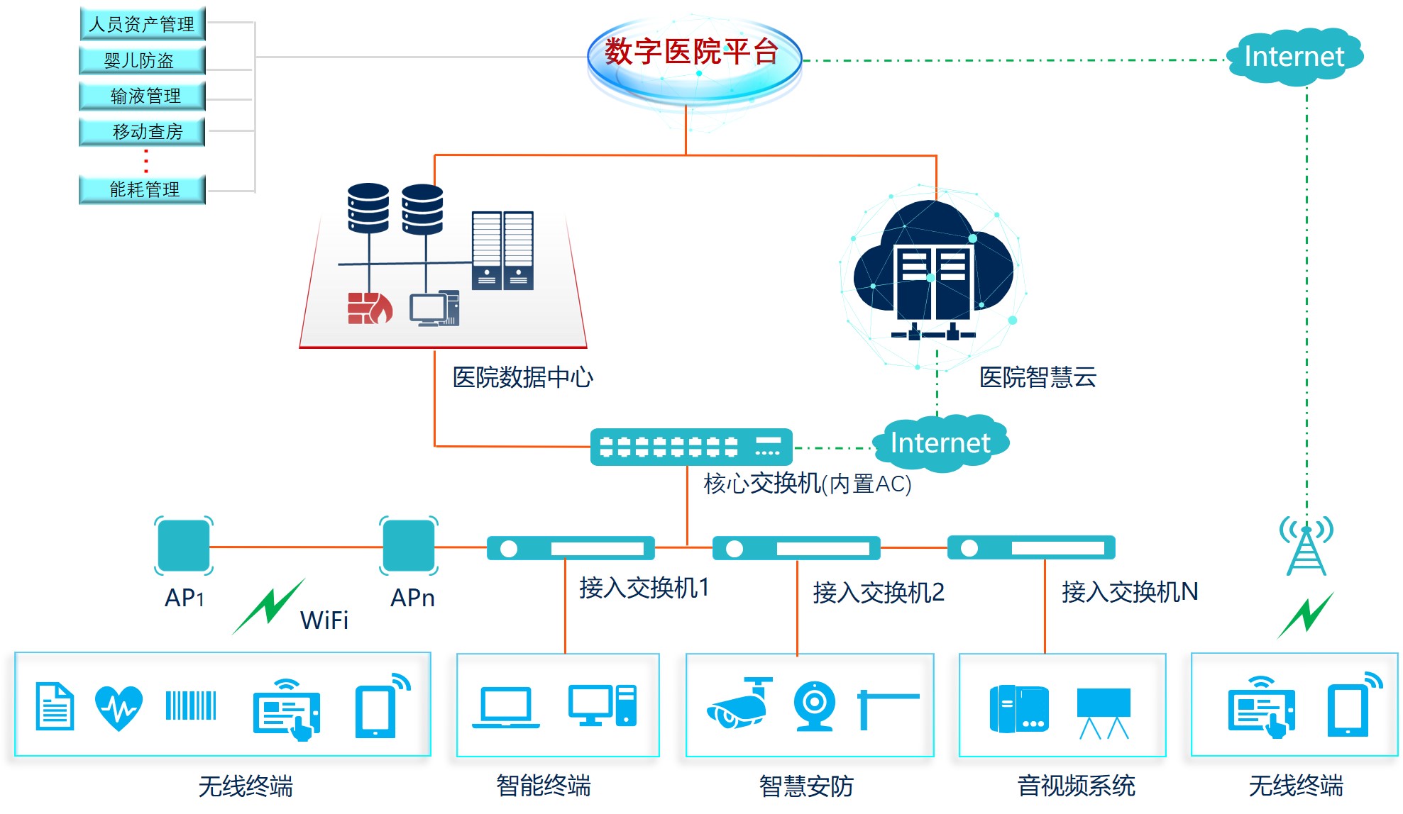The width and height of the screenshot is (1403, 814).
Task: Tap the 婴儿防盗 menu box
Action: (142, 60)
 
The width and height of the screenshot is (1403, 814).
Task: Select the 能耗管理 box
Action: (142, 189)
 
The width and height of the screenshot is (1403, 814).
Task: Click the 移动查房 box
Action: (142, 131)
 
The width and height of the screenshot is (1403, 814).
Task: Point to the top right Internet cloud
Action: (1294, 57)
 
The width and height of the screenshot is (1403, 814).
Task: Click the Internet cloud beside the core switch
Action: (940, 443)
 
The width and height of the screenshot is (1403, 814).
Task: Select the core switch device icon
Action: (691, 447)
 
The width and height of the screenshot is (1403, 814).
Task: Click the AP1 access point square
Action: (184, 545)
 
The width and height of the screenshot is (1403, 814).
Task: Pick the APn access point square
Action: (409, 545)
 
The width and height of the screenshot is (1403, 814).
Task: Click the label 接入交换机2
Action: (879, 592)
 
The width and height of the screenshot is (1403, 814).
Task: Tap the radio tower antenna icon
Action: (1306, 546)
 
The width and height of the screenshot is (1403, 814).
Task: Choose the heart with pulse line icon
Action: (119, 707)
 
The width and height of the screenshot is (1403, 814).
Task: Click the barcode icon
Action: (190, 706)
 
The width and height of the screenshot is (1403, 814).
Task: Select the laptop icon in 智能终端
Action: (505, 707)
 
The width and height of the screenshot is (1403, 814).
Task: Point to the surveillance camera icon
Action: (739, 706)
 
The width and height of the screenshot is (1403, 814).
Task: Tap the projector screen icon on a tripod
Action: (1104, 711)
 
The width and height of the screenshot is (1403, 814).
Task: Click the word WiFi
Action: (324, 620)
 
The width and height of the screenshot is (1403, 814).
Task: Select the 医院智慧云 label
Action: (1038, 377)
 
